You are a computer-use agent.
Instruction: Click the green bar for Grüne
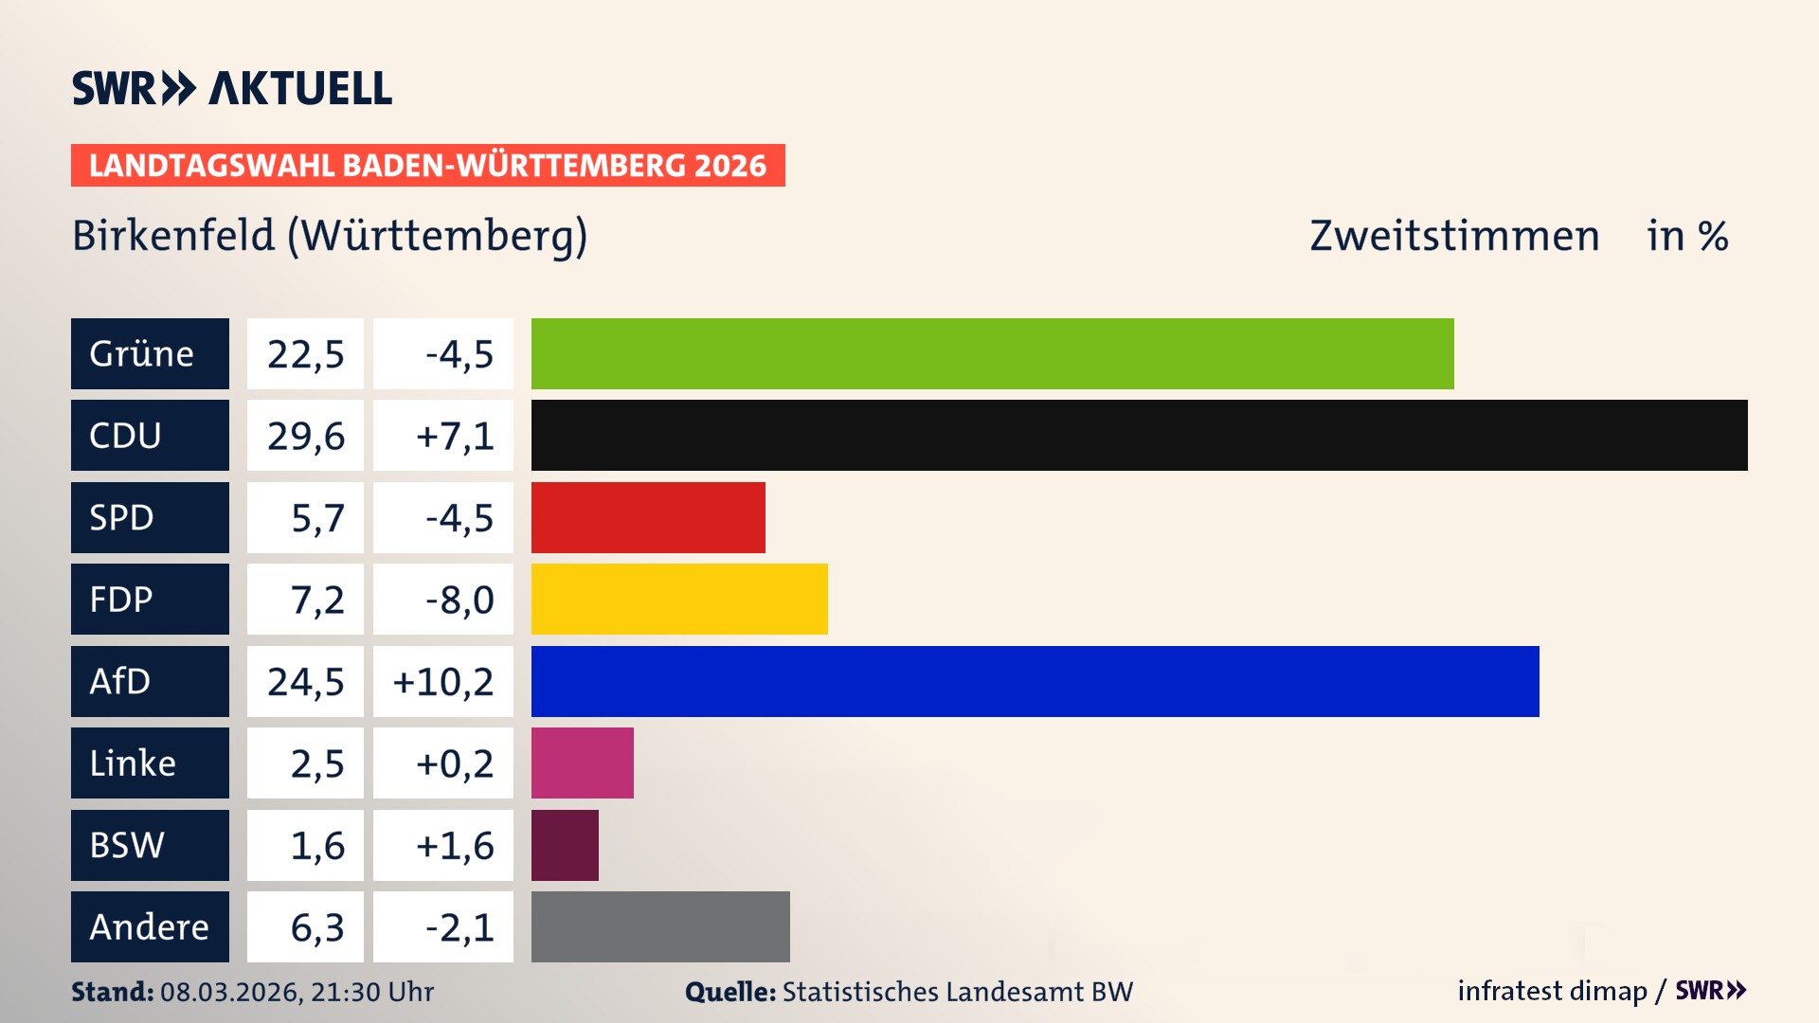(x=992, y=353)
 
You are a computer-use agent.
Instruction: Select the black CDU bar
(x=1139, y=435)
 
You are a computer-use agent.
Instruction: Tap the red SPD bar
(x=648, y=517)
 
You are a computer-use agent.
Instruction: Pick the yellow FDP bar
(x=679, y=599)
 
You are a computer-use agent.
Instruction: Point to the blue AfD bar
(x=1035, y=681)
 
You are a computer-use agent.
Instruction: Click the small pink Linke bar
(x=582, y=763)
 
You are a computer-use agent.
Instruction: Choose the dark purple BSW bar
(x=565, y=845)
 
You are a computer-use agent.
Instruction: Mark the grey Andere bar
(x=660, y=926)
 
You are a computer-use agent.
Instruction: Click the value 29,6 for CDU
(x=305, y=436)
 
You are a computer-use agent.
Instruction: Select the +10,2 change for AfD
(x=443, y=682)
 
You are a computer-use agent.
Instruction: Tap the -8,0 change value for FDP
(x=459, y=600)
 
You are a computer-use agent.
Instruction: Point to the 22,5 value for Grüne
(x=305, y=354)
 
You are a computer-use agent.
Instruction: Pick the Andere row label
(x=150, y=926)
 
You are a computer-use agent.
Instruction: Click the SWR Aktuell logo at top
(x=231, y=88)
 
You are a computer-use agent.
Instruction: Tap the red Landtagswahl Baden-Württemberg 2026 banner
(x=427, y=165)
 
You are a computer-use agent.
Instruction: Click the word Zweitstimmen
(x=1454, y=236)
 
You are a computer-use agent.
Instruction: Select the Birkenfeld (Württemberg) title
(x=330, y=236)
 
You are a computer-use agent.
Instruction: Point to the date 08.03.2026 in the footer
(x=229, y=992)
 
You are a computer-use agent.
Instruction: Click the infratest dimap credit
(x=1552, y=991)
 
